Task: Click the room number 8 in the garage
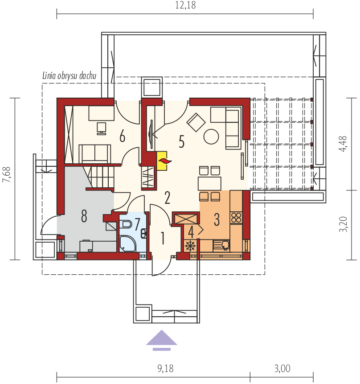(84, 216)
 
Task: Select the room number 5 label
(181, 141)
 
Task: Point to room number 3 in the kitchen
(217, 219)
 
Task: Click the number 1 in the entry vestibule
(162, 239)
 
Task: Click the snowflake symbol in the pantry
(190, 246)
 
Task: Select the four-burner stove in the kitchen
(236, 218)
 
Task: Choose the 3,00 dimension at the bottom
(282, 368)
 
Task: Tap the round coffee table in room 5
(211, 136)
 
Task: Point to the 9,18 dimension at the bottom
(166, 368)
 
